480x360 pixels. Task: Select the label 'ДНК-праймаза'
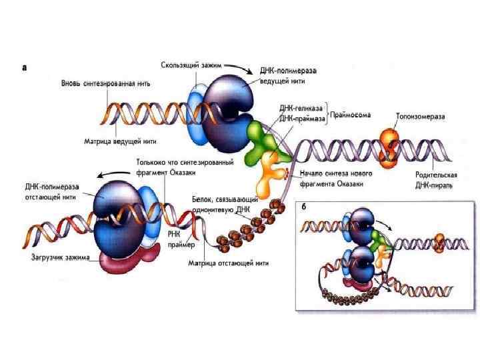302,118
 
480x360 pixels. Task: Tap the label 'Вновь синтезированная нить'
106,84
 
